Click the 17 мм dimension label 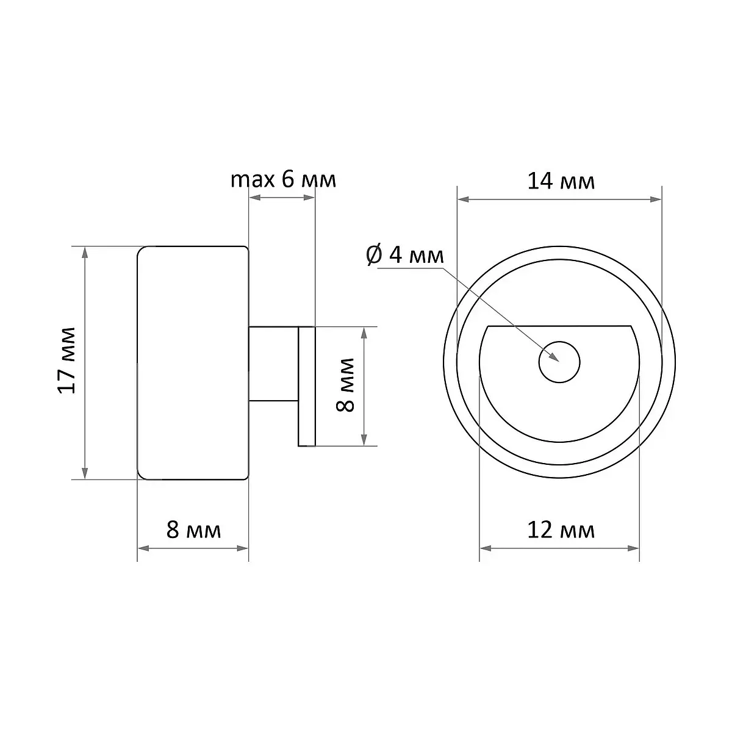pyautogui.click(x=67, y=360)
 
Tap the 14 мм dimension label pyautogui.click(x=561, y=182)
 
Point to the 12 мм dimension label pyautogui.click(x=561, y=530)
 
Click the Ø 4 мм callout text pyautogui.click(x=405, y=255)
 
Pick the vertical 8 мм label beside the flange pyautogui.click(x=345, y=385)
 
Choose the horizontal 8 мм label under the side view pyautogui.click(x=193, y=529)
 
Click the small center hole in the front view pyautogui.click(x=559, y=362)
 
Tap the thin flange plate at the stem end pyautogui.click(x=307, y=386)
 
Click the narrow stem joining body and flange pyautogui.click(x=273, y=364)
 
